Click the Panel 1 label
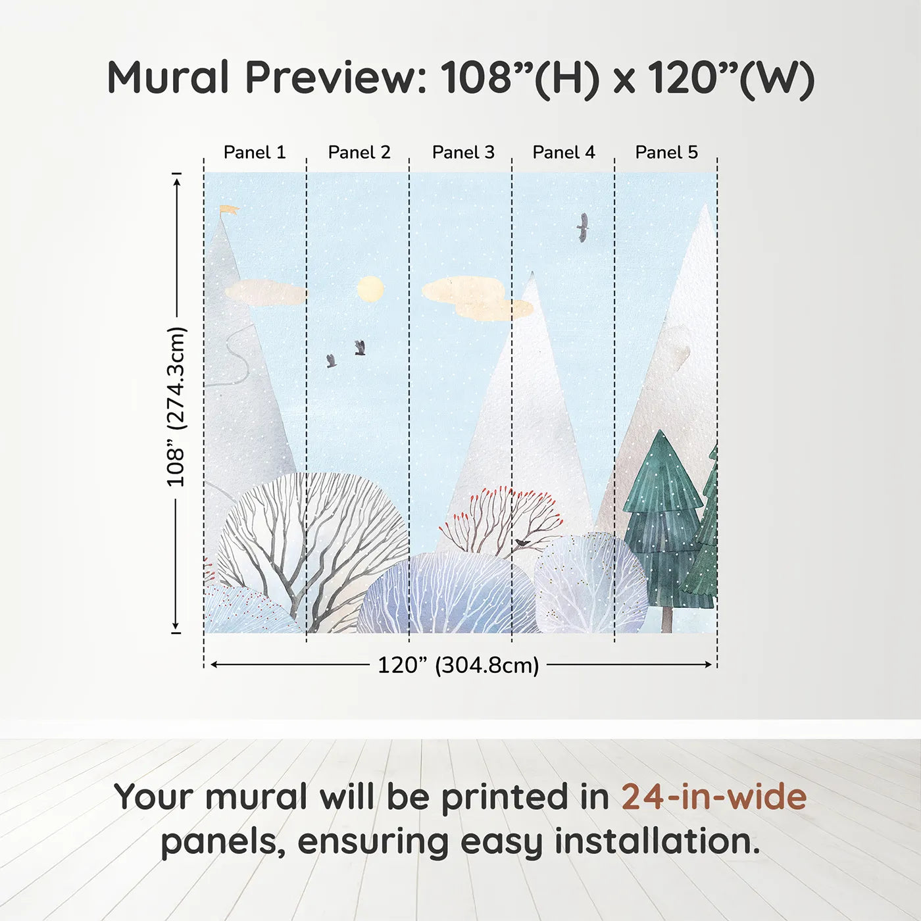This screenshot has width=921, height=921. [255, 153]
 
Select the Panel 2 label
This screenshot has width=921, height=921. [359, 153]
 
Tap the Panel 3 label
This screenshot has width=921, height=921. [463, 153]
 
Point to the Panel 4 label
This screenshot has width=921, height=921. [564, 153]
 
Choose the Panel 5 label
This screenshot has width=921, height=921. [666, 153]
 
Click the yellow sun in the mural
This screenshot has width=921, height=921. [370, 289]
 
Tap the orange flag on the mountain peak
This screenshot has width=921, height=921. [228, 211]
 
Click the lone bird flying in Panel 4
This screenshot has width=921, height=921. [582, 228]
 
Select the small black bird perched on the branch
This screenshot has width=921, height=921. [522, 543]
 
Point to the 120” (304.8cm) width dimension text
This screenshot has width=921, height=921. [459, 665]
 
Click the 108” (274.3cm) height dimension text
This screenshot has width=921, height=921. [176, 407]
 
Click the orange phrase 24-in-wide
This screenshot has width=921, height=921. [714, 797]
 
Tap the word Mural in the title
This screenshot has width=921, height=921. [168, 77]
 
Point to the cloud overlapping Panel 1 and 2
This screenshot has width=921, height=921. [266, 293]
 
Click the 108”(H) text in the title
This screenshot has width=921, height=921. [520, 78]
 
